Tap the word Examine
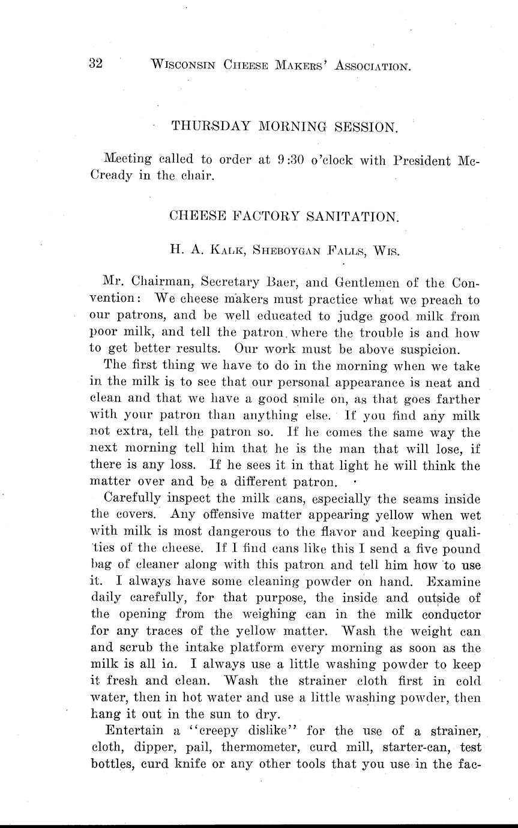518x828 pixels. pos(453,581)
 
